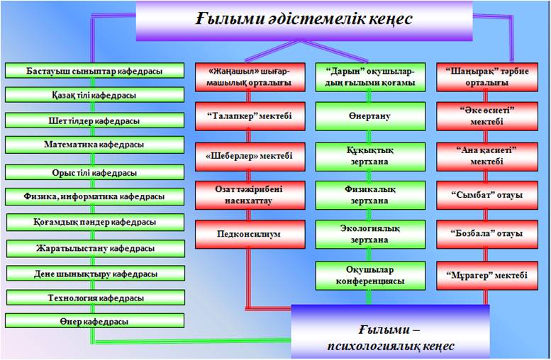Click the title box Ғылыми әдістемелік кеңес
click(304, 21)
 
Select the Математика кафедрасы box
click(94, 145)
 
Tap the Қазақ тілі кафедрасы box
click(94, 95)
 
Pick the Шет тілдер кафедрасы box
click(94, 120)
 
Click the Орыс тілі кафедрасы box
click(94, 172)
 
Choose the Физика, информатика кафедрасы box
click(94, 197)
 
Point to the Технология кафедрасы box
click(96, 298)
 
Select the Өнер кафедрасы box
click(94, 321)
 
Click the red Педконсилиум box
click(250, 235)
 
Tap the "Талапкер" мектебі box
click(250, 116)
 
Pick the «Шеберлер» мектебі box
click(250, 157)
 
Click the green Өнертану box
click(370, 116)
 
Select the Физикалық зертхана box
click(370, 196)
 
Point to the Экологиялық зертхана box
click(370, 235)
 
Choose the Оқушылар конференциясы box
click(370, 276)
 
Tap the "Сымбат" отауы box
click(487, 196)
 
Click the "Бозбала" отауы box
click(487, 235)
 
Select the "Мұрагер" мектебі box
click(487, 276)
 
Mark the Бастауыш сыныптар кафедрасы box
click(94, 71)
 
